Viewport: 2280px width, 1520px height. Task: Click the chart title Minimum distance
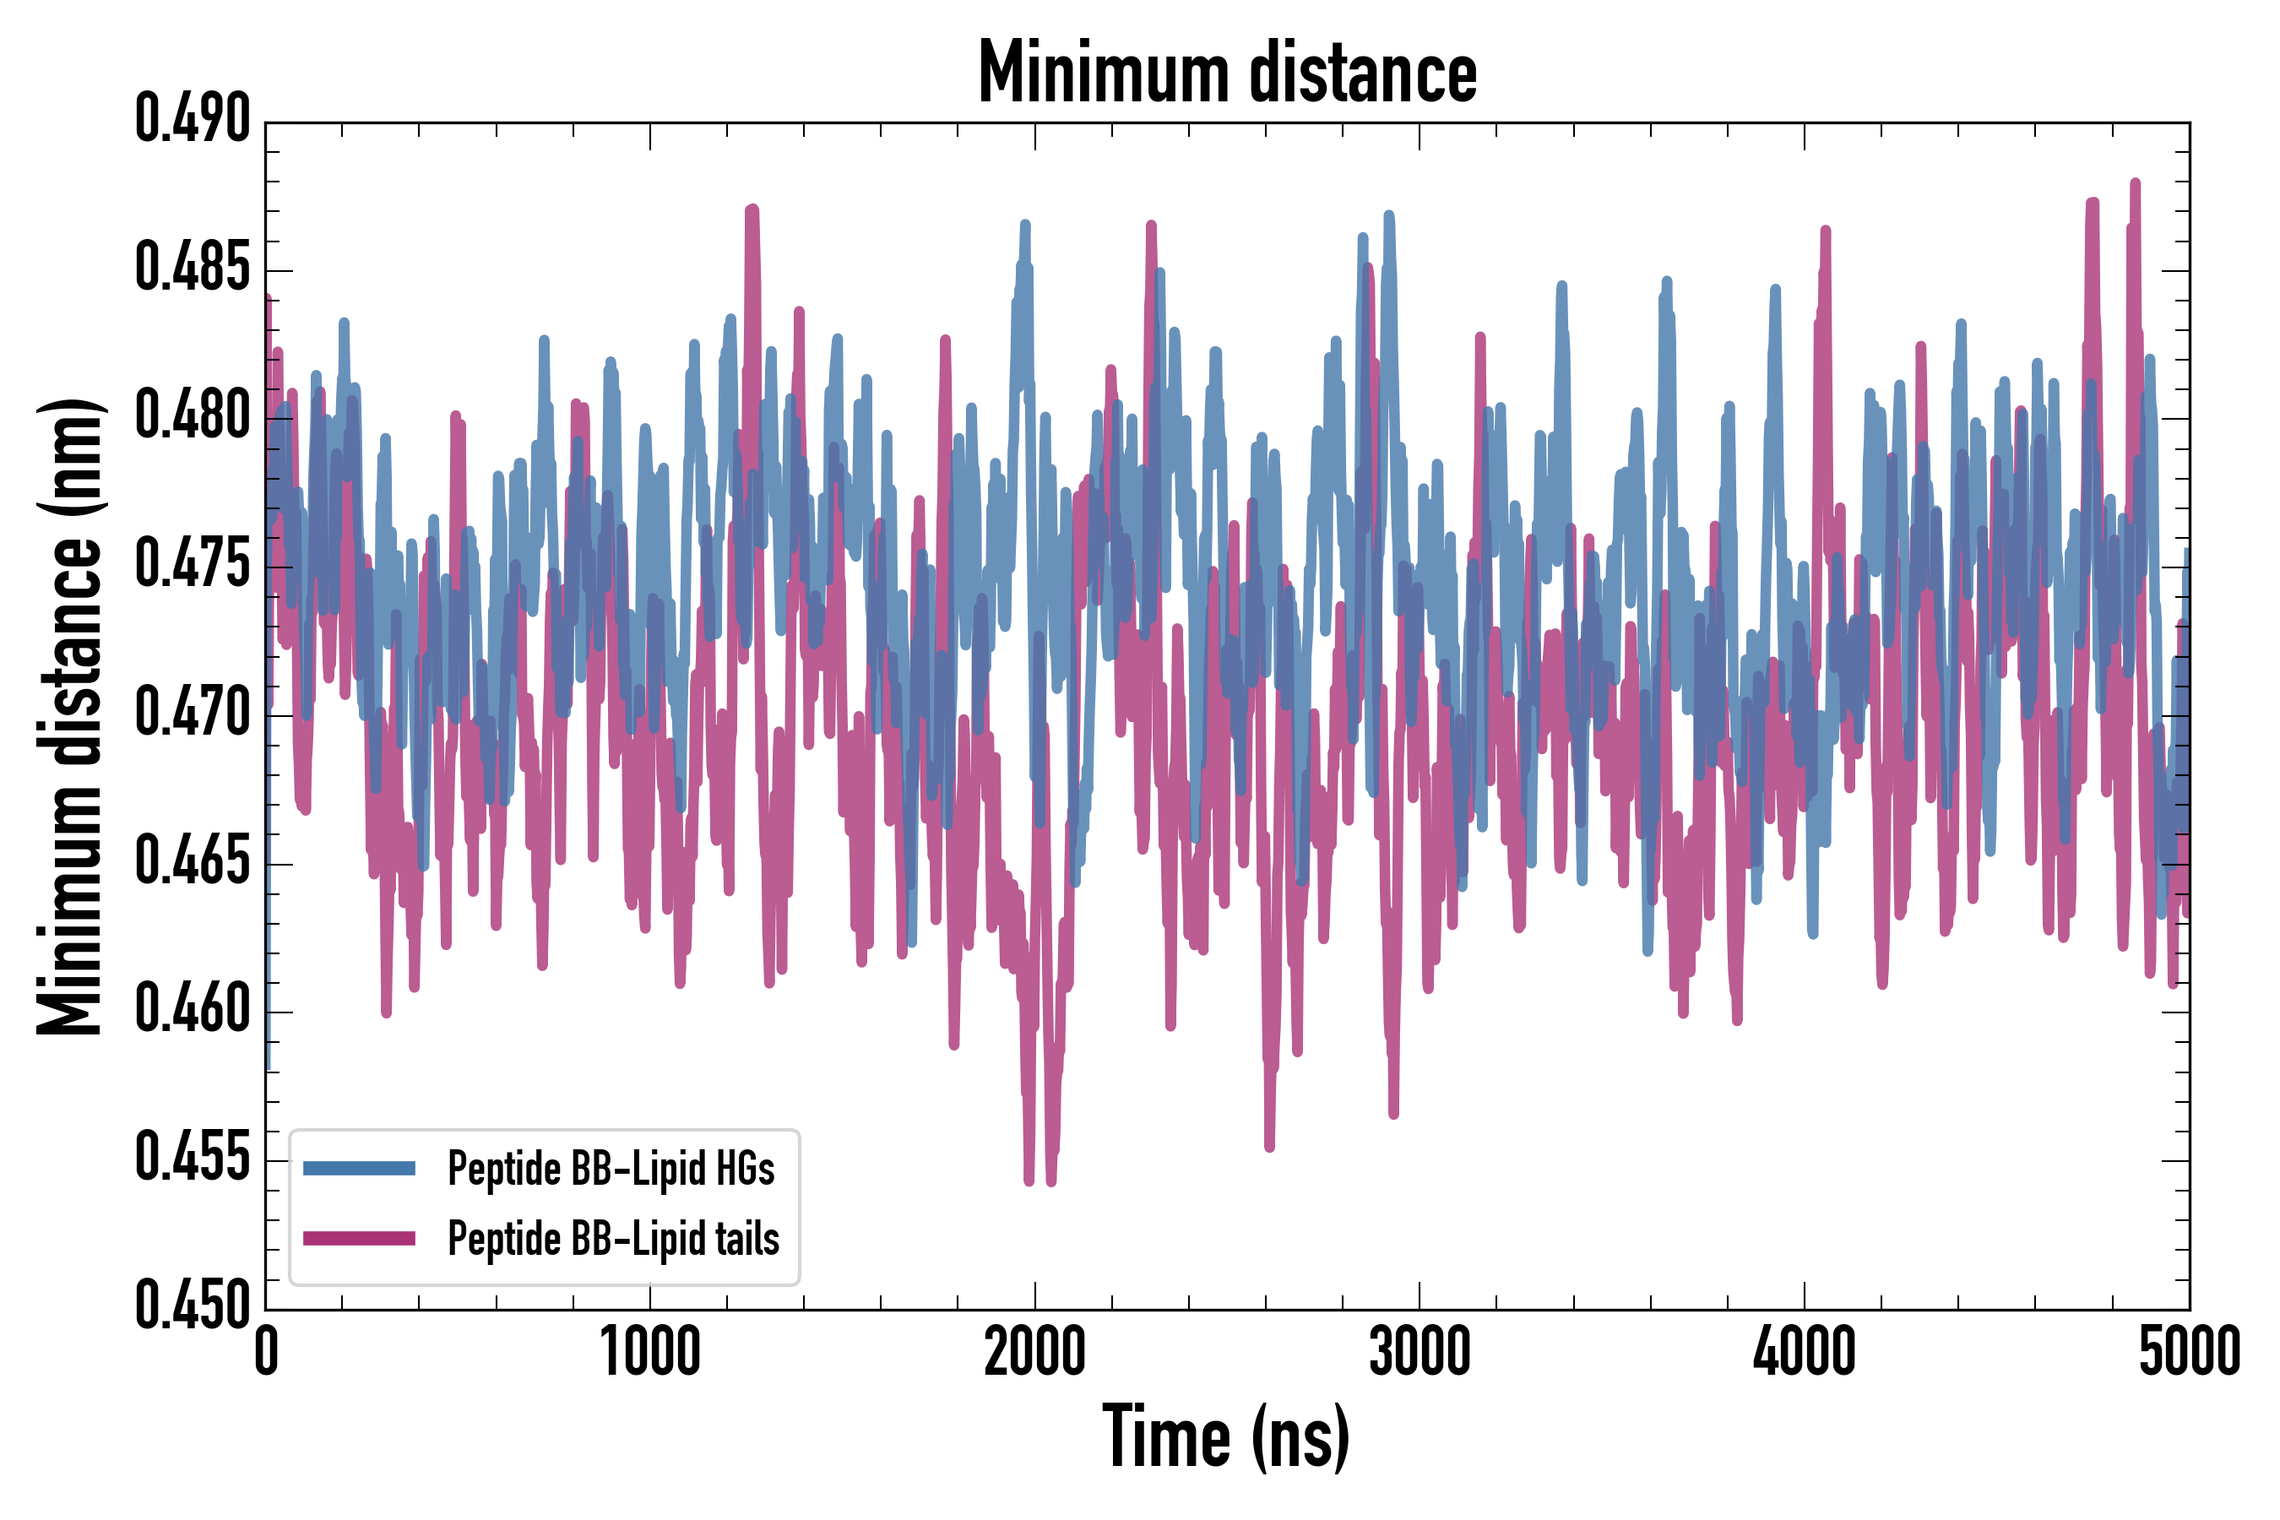[1227, 73]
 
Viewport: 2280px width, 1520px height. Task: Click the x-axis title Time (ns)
[1226, 1436]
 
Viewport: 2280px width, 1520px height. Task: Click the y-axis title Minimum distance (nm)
[70, 716]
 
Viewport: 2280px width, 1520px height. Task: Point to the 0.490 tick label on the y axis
[193, 119]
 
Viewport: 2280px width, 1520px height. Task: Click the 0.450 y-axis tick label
[193, 1306]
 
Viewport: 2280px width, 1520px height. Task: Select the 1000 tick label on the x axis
[650, 1352]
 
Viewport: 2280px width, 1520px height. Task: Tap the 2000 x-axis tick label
[1035, 1352]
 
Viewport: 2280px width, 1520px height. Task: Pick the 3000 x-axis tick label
[1420, 1352]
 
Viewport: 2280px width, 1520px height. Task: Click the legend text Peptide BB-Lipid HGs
[611, 1168]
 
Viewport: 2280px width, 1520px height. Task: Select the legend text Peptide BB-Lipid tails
[614, 1239]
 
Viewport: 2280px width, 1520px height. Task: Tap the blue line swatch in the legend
[359, 1168]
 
